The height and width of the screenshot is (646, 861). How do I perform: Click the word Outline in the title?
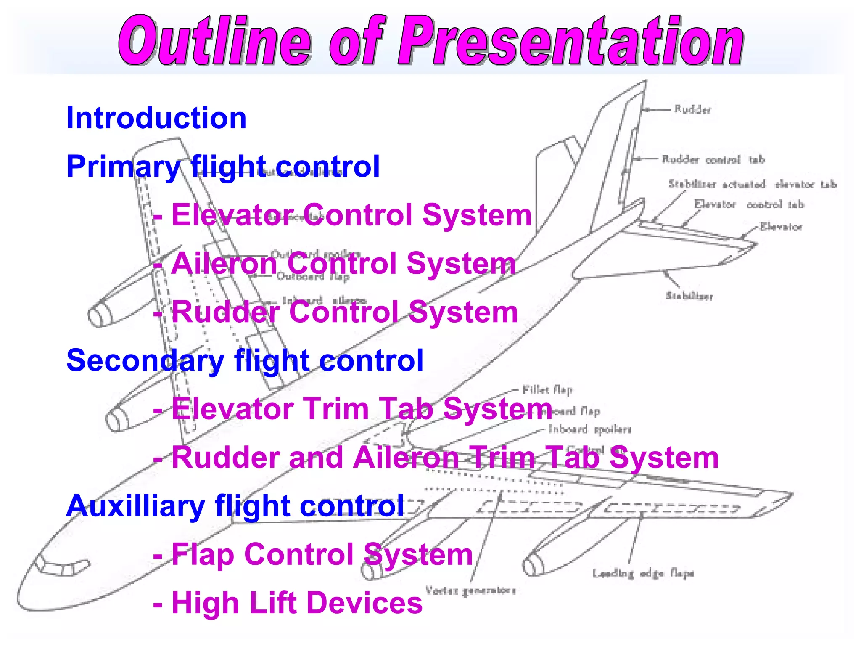coord(214,41)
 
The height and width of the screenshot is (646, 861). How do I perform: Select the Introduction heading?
coord(156,118)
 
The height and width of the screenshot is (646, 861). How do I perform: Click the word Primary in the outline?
coord(123,167)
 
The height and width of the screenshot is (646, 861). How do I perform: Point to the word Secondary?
coord(145,361)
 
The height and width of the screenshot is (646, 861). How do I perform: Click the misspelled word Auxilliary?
coord(135,506)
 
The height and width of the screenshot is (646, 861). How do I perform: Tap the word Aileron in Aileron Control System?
coord(224,264)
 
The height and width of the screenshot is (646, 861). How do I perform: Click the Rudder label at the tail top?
coord(692,110)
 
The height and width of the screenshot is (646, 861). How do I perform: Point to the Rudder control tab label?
coord(713,160)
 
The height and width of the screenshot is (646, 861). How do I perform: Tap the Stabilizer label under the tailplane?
coord(689,296)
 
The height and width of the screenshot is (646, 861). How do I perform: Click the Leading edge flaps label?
coord(643,573)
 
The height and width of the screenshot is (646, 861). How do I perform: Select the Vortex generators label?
coord(470,591)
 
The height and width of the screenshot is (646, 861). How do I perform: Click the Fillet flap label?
coord(547,390)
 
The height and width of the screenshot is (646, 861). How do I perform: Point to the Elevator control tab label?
coord(749,205)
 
